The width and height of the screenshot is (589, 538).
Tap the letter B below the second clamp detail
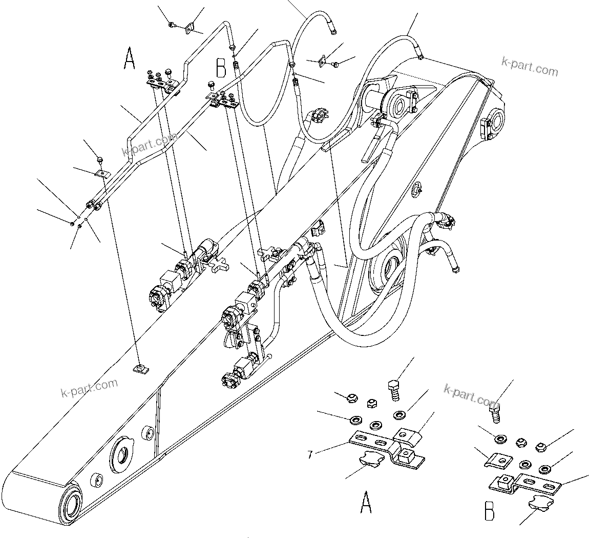point(490,511)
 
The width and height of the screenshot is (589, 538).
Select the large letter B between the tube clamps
point(221,67)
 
